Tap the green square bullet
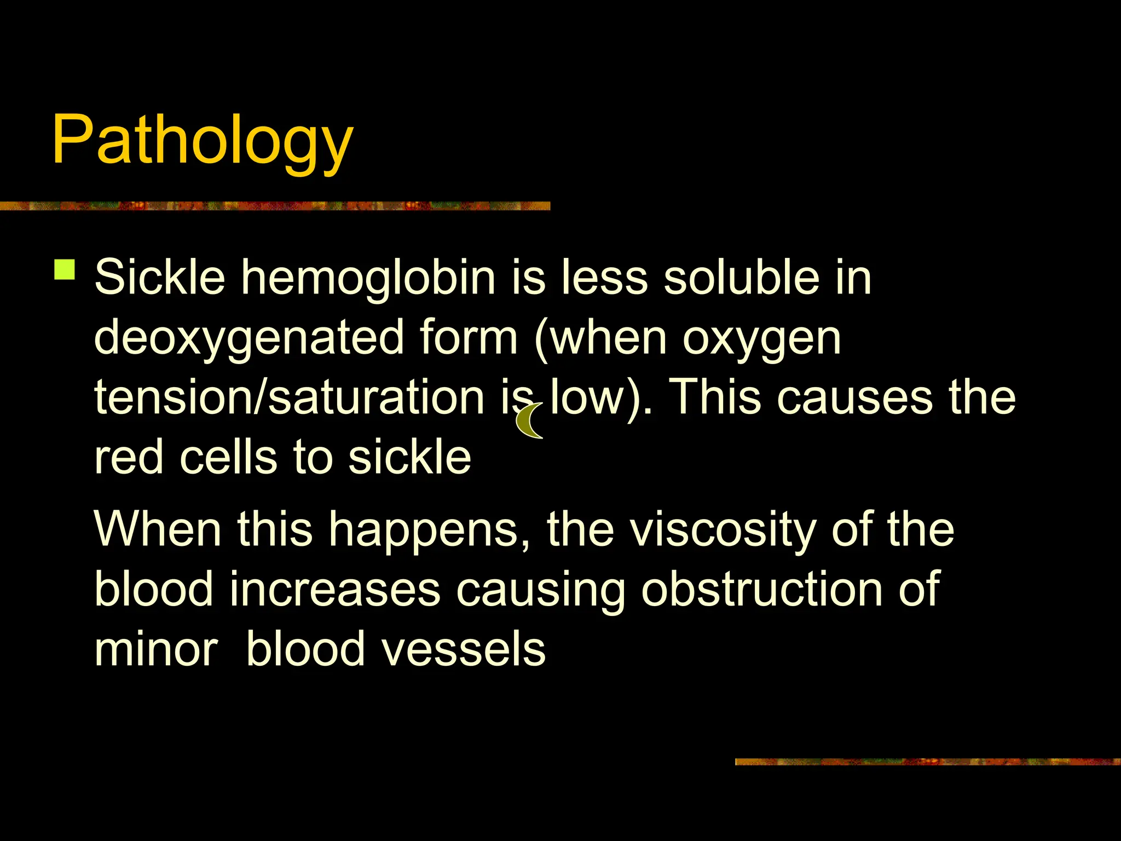click(x=65, y=270)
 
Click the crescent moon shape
click(x=528, y=421)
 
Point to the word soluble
click(x=742, y=278)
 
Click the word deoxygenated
click(x=249, y=338)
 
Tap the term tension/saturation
click(x=289, y=397)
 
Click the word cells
click(x=228, y=457)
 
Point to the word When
click(x=158, y=529)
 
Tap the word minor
click(x=157, y=650)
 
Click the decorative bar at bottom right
click(x=927, y=762)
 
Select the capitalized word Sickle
click(x=159, y=278)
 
